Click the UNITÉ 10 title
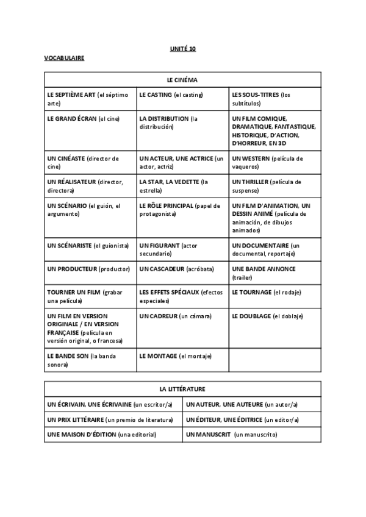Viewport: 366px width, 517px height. point(182,48)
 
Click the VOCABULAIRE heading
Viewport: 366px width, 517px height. point(64,58)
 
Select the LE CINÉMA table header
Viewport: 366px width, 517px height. point(182,80)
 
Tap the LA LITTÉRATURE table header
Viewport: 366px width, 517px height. point(182,388)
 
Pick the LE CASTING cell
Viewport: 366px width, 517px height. point(182,99)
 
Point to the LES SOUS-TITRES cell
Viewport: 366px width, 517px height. point(275,99)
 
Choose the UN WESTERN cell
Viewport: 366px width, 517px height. point(275,162)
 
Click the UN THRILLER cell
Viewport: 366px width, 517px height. point(275,186)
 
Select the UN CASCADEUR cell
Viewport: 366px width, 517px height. point(182,269)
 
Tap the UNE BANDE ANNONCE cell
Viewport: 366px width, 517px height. point(275,273)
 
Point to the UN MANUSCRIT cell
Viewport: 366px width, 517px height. point(252,435)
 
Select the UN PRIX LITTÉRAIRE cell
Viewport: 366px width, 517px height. point(113,420)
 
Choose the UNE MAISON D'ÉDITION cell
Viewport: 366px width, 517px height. point(113,435)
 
